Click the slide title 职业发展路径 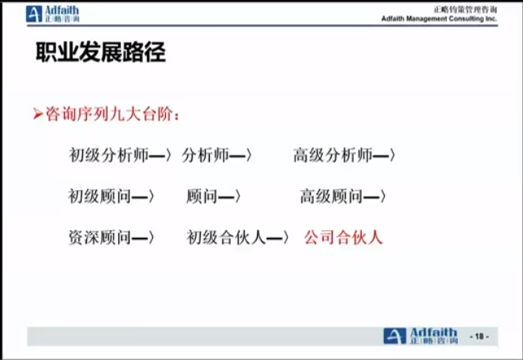coord(100,52)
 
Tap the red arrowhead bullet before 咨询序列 coord(38,115)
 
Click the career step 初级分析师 coord(109,155)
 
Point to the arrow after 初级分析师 coord(160,155)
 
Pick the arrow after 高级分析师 coord(384,155)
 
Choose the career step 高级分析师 coord(333,155)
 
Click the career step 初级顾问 coord(99,196)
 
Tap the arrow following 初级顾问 coord(143,197)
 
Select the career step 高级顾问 coord(331,196)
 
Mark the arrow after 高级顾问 coord(375,197)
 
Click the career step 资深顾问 coord(99,237)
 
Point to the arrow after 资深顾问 coord(143,237)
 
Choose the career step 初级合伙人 coord(226,237)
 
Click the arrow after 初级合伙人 coord(277,237)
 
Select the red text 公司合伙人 coord(343,237)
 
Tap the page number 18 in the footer coord(479,336)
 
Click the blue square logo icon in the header coord(34,14)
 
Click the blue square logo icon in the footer coord(394,336)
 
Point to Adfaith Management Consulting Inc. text coord(439,19)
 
